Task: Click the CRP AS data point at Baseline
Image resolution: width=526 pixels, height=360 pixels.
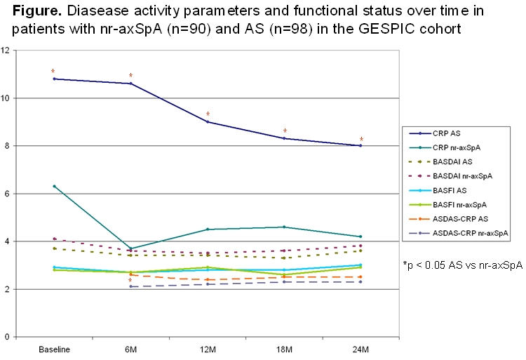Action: [x=54, y=79]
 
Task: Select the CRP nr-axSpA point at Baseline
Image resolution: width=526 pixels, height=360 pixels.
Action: [x=54, y=186]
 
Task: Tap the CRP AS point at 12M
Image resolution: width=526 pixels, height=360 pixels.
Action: [x=208, y=122]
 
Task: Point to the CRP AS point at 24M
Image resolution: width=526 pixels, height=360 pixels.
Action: [x=360, y=146]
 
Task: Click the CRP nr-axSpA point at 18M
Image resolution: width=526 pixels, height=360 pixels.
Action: [x=284, y=227]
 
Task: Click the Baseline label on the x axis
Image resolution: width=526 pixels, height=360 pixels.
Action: [x=54, y=349]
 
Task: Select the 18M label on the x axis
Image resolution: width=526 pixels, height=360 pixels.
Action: [x=284, y=349]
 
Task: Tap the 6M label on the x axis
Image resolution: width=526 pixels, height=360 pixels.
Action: [x=130, y=349]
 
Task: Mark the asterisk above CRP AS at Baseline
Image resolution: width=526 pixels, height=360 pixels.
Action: [x=53, y=71]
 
